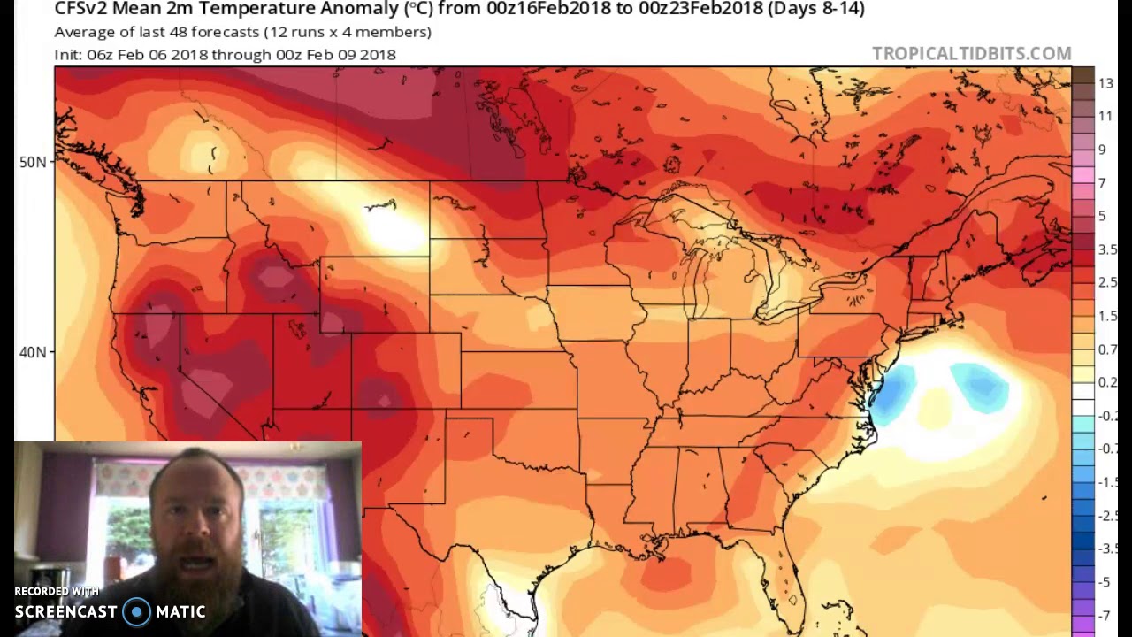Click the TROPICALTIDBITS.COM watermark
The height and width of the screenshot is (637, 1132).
point(971,54)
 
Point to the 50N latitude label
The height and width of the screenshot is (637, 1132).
point(32,162)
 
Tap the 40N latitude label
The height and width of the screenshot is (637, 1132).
point(32,352)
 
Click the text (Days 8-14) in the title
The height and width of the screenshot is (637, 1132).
point(815,9)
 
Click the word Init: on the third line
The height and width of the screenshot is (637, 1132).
point(68,55)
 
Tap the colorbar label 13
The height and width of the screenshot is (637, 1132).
point(1105,83)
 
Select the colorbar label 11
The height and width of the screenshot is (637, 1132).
point(1105,116)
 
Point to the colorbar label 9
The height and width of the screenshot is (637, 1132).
point(1102,150)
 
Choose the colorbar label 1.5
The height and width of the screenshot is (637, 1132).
point(1107,316)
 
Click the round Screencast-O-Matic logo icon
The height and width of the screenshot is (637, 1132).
point(136,612)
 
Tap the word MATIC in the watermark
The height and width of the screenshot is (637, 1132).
point(180,612)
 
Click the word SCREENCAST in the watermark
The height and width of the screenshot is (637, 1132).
point(66,612)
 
